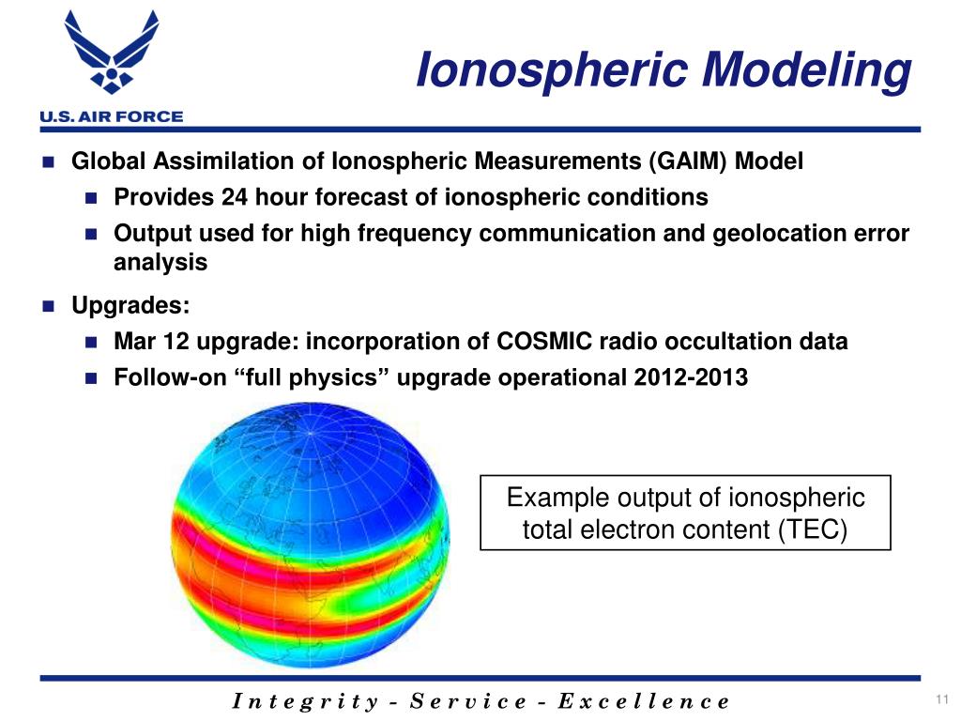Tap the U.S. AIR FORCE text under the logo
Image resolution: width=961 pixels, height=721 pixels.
[x=111, y=116]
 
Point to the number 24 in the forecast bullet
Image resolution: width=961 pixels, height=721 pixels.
[x=235, y=198]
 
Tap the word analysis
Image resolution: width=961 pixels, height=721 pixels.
[x=160, y=263]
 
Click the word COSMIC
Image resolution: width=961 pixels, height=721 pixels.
[x=539, y=342]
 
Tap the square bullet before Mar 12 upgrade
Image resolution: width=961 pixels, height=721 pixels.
[x=92, y=343]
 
